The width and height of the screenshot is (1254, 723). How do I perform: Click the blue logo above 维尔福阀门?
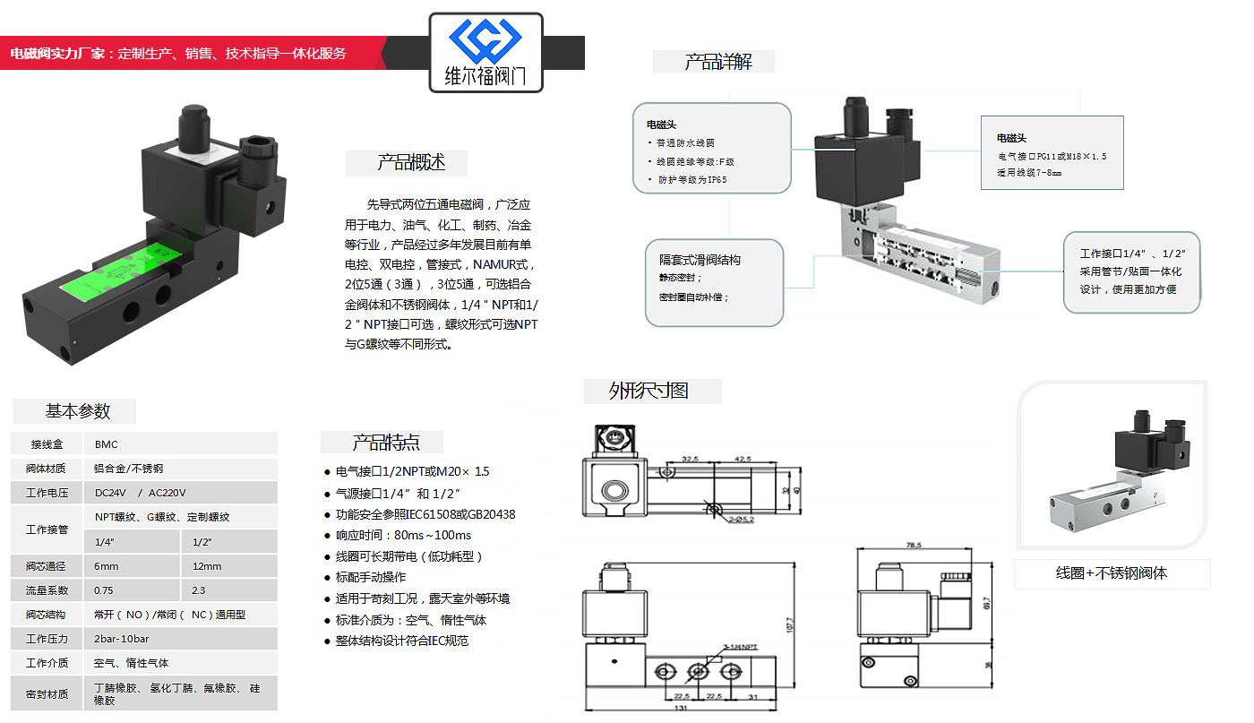click(485, 40)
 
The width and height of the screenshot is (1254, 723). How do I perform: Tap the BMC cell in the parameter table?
click(107, 444)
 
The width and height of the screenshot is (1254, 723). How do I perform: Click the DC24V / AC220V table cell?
click(141, 493)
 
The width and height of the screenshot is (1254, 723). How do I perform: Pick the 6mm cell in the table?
click(107, 566)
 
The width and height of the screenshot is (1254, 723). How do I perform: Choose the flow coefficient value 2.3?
click(199, 590)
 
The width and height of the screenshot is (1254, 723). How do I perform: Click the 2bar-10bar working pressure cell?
click(122, 639)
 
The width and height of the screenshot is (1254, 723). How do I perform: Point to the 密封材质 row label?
click(47, 693)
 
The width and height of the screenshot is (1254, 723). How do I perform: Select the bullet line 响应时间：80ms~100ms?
click(403, 535)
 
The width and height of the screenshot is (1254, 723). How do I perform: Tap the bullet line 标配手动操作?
click(371, 577)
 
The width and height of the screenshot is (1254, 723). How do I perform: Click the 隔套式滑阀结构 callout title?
click(700, 260)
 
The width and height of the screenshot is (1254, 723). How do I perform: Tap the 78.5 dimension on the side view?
click(913, 545)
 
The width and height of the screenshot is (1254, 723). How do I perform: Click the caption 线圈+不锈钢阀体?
click(1111, 573)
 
